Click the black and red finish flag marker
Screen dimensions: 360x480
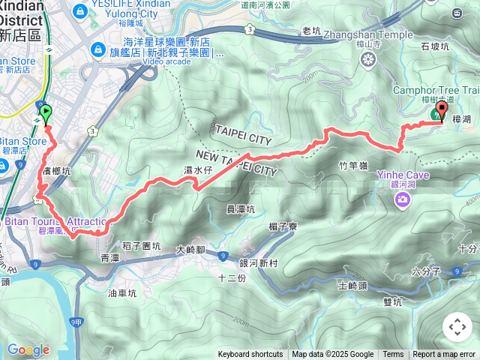pos(441,112)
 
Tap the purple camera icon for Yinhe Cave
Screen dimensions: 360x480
pos(403,199)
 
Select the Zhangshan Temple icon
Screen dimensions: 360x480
pos(367,60)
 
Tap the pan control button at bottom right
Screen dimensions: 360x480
pos(457,327)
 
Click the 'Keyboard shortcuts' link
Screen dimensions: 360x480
pos(250,355)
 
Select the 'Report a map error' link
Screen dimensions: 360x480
pos(445,355)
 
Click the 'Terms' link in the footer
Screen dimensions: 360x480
pos(393,355)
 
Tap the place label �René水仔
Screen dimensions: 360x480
pos(199,171)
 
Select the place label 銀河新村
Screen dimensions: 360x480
pos(259,263)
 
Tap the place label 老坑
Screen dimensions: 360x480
pos(310,31)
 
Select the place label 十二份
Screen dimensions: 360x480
pos(232,277)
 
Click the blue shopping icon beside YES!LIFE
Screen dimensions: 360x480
pos(79,10)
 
